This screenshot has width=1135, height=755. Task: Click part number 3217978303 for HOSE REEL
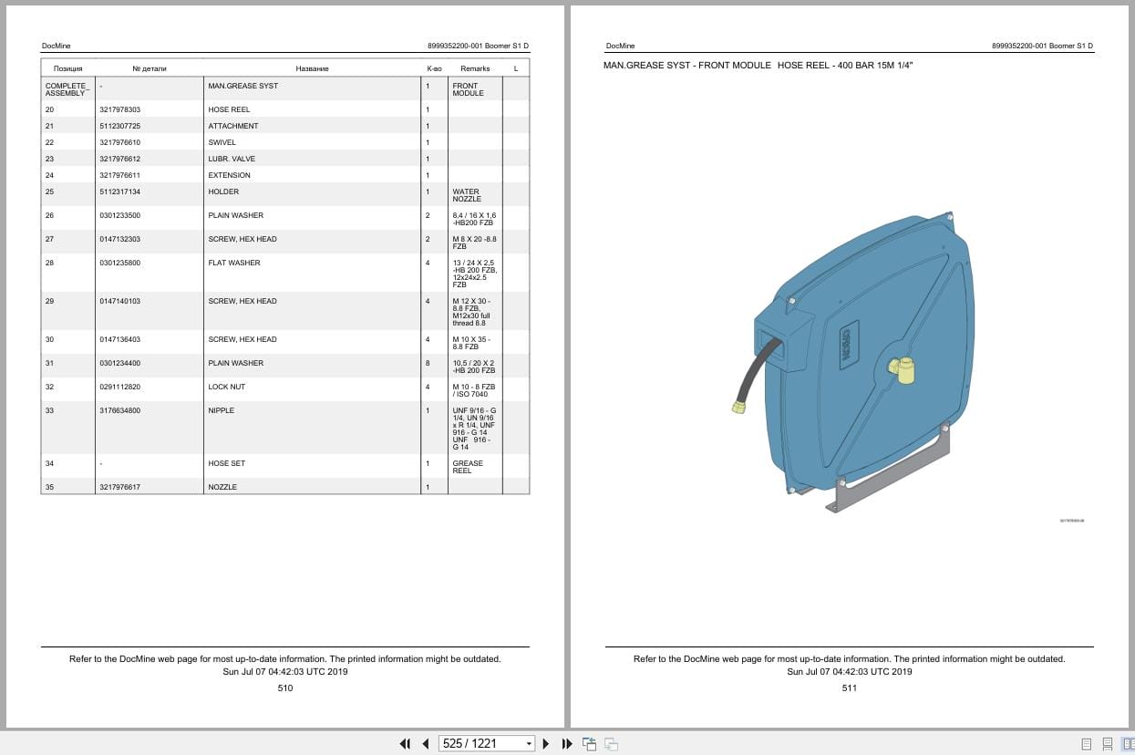click(119, 109)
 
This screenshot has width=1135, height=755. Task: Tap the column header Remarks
click(475, 68)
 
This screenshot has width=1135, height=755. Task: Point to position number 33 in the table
click(50, 410)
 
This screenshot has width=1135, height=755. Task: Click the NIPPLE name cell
click(222, 410)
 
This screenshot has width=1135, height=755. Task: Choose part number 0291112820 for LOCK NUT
click(119, 387)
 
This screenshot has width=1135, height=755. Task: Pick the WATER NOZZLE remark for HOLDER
click(467, 195)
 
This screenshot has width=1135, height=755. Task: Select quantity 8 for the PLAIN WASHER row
click(428, 363)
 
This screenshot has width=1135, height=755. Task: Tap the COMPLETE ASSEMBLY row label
click(67, 89)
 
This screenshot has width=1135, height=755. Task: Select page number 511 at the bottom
click(849, 688)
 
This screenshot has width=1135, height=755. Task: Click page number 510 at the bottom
click(285, 688)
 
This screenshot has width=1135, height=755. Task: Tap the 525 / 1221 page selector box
click(486, 744)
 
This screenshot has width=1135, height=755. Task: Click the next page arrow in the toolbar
click(546, 744)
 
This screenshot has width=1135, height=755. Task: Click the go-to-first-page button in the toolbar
click(405, 744)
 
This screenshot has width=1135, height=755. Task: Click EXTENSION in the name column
click(229, 175)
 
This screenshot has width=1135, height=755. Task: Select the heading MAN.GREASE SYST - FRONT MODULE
click(686, 66)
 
